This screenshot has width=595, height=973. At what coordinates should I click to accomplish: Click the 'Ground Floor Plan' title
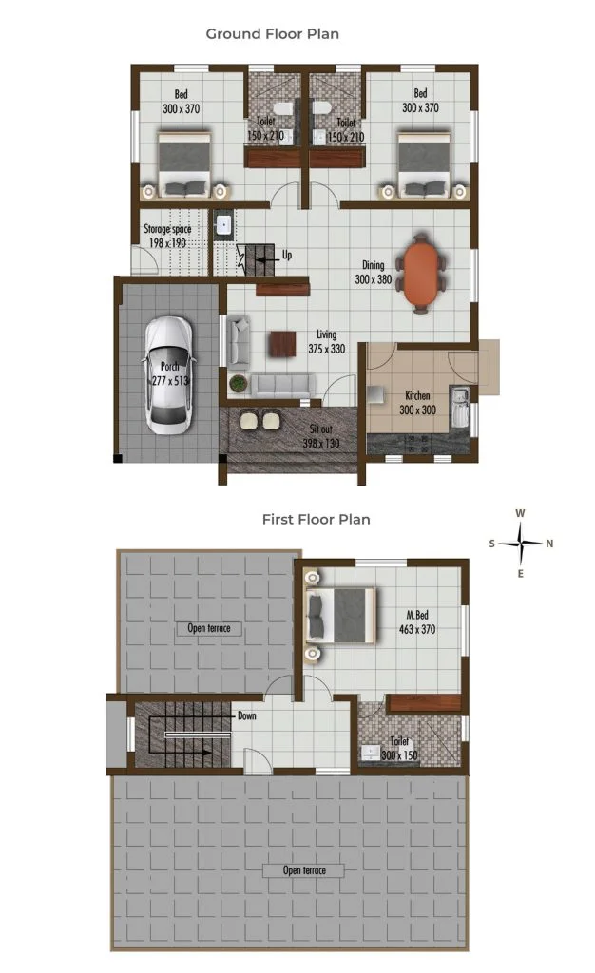point(273,34)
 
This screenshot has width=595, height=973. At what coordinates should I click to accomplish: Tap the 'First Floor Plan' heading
point(316,520)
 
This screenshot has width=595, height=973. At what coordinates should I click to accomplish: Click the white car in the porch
point(169,374)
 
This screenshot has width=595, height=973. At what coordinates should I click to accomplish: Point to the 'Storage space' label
point(167,229)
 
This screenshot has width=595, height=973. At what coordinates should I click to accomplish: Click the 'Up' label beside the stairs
point(287,255)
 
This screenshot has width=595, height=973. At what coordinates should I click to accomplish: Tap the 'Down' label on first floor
point(247,715)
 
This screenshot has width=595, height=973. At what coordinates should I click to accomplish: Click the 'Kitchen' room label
point(417,395)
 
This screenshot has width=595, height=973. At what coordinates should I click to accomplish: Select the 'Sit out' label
point(320,429)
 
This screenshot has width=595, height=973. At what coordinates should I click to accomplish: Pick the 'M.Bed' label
point(417,615)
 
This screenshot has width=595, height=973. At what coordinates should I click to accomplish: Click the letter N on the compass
point(549,544)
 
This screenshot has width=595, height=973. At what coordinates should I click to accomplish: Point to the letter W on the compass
point(520,513)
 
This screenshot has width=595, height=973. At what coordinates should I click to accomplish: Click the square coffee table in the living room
point(283,344)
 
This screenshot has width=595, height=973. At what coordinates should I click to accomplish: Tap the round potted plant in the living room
point(239,384)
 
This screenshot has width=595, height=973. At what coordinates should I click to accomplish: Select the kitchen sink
point(459,407)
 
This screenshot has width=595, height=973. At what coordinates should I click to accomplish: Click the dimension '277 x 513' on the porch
point(171,380)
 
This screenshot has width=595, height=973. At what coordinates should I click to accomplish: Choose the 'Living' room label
point(326,334)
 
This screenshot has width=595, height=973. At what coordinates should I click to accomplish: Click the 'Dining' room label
point(374,265)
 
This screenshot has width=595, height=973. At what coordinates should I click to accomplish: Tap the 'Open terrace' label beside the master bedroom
point(209,628)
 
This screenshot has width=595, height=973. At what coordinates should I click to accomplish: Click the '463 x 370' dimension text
point(417,629)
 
